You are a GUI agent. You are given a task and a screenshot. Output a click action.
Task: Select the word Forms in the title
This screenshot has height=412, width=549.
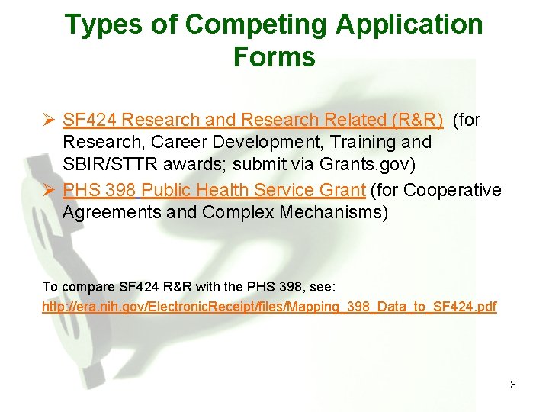coord(274,57)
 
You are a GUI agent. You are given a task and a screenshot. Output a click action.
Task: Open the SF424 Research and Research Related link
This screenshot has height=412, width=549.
coord(252,120)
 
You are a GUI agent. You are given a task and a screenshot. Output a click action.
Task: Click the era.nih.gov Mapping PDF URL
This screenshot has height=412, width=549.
coord(269,307)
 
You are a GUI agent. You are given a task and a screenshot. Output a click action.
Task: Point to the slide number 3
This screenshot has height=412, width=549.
coord(513,385)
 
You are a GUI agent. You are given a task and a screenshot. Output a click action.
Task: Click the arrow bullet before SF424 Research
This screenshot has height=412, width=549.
coord(48,120)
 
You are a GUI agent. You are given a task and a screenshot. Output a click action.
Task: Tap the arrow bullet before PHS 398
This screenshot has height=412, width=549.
coord(48,189)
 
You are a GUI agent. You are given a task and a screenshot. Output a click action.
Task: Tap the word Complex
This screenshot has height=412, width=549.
coord(233,211)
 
